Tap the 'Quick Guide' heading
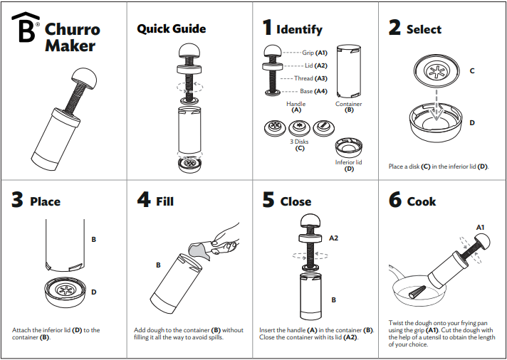[172, 28]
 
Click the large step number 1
[267, 28]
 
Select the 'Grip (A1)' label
[314, 53]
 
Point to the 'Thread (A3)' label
[310, 78]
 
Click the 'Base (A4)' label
[313, 91]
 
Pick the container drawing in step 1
[349, 71]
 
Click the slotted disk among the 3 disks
[324, 127]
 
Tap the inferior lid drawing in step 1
[349, 148]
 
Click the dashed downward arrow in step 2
[437, 105]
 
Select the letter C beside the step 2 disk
[472, 70]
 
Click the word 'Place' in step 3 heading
[46, 201]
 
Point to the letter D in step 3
[94, 292]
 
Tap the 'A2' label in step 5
[333, 238]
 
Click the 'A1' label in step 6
[480, 228]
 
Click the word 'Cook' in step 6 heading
[422, 201]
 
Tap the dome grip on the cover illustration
[84, 78]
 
